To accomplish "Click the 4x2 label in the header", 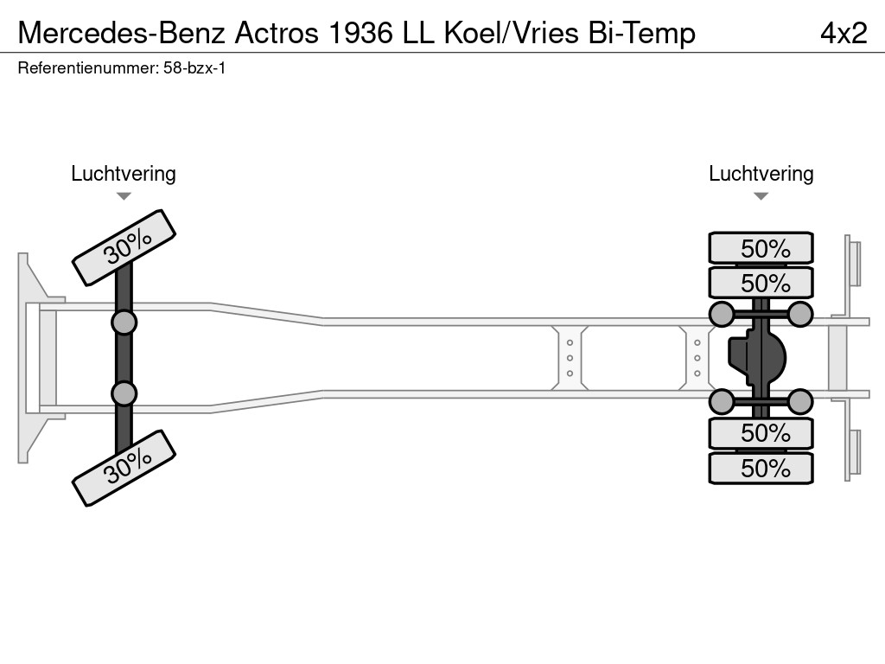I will click(843, 32).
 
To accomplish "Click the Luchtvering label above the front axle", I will click(124, 174).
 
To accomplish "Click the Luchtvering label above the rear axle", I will click(761, 174).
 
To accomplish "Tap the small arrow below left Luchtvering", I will click(124, 196).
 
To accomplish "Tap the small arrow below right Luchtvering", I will click(761, 196).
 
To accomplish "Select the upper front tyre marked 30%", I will click(124, 247).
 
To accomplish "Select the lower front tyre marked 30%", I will click(124, 468).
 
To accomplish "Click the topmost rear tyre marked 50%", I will click(761, 248).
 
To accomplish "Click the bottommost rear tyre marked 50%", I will click(761, 468).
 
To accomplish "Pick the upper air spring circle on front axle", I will click(124, 322).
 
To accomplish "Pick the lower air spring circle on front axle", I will click(124, 393).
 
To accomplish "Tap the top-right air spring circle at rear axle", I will click(800, 314).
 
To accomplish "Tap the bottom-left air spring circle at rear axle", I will click(721, 401).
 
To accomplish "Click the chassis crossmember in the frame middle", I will click(570, 358).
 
